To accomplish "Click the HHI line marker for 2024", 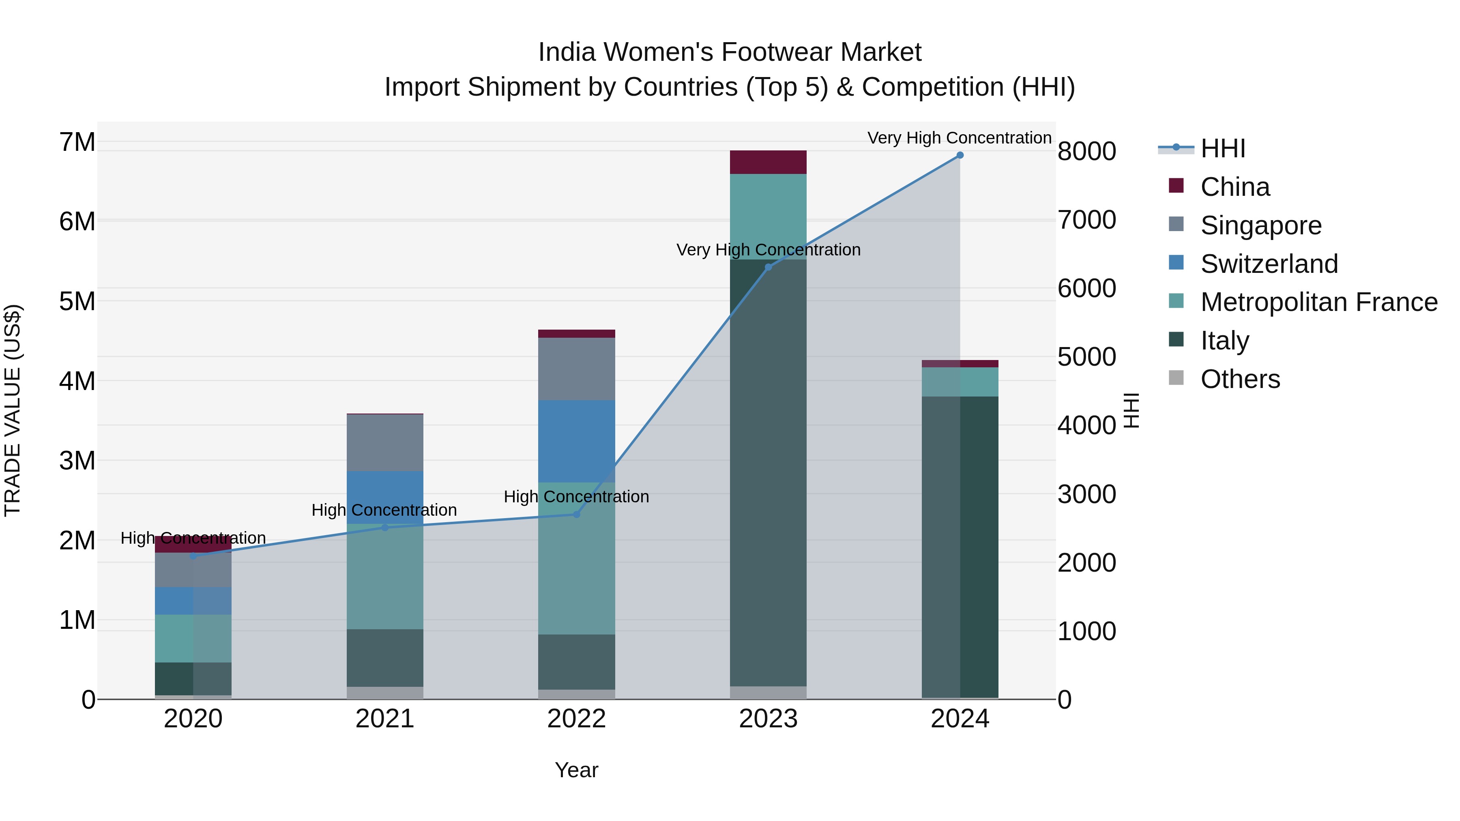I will pyautogui.click(x=960, y=155).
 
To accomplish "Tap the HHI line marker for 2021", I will pyautogui.click(x=385, y=527).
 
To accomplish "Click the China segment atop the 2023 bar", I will pyautogui.click(x=768, y=162).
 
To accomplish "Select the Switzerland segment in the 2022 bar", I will pyautogui.click(x=576, y=441).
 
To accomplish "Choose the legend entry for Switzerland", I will pyautogui.click(x=1269, y=264).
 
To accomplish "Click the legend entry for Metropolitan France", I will pyautogui.click(x=1318, y=302).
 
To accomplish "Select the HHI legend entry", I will pyautogui.click(x=1222, y=148).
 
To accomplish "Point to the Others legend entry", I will pyautogui.click(x=1239, y=379).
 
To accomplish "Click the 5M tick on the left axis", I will pyautogui.click(x=77, y=301).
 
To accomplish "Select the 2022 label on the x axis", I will pyautogui.click(x=576, y=719).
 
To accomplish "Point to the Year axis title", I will pyautogui.click(x=576, y=770).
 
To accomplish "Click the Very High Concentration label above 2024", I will pyautogui.click(x=959, y=138).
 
